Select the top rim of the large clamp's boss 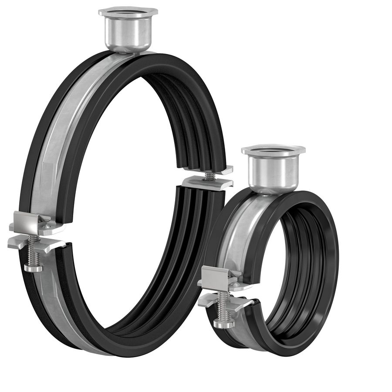[128, 11]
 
